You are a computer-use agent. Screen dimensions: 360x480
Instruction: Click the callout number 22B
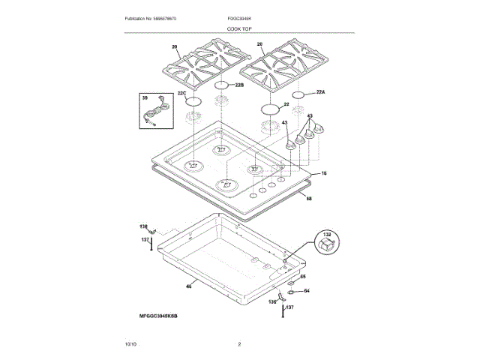pyautogui.click(x=240, y=86)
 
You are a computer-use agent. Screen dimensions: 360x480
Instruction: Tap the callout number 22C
pyautogui.click(x=181, y=94)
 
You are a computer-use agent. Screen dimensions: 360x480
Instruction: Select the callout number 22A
pyautogui.click(x=321, y=92)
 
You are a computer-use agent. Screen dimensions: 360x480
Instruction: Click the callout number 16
pyautogui.click(x=324, y=174)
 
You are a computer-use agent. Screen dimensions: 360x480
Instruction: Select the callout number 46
pyautogui.click(x=189, y=286)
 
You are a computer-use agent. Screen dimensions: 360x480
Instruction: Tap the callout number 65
pyautogui.click(x=304, y=277)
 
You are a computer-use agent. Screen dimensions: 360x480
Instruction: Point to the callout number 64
pyautogui.click(x=306, y=291)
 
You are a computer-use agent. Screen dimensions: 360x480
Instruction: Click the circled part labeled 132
pyautogui.click(x=327, y=243)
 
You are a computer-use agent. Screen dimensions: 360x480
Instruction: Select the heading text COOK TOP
pyautogui.click(x=240, y=28)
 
